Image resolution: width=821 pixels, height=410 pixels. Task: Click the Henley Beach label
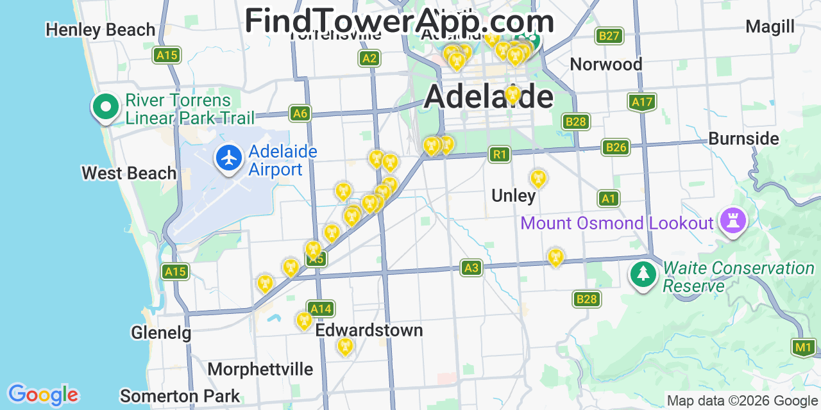[101, 30]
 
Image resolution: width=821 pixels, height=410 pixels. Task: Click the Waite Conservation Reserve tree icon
[643, 275]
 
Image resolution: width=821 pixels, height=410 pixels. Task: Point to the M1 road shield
[803, 348]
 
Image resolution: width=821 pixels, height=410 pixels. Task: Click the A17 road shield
[641, 102]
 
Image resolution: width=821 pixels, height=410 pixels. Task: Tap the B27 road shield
[608, 36]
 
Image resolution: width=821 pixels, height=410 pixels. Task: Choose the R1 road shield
[499, 154]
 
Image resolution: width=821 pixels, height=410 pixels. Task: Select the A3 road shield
[471, 268]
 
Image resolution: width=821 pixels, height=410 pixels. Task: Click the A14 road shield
[320, 309]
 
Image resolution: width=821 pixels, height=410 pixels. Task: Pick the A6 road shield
[300, 114]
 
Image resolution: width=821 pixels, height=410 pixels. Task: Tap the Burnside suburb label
[743, 139]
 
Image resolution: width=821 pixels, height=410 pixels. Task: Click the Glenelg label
[161, 333]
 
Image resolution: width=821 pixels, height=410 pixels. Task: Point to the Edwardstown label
[369, 331]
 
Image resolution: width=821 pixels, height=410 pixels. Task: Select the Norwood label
[605, 65]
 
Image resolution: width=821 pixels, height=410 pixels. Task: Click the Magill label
[770, 27]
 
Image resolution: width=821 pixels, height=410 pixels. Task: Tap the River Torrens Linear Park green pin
[106, 107]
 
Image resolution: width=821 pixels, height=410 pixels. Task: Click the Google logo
[43, 395]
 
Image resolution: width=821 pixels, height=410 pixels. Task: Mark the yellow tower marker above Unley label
[537, 178]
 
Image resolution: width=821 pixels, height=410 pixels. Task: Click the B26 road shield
[614, 148]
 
